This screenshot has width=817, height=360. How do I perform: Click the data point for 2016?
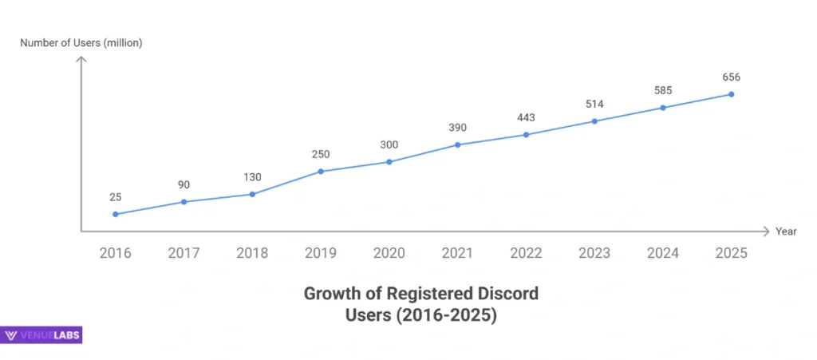[x=116, y=214]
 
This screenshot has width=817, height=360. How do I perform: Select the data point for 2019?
[x=321, y=171]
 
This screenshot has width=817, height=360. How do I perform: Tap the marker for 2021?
[x=458, y=144]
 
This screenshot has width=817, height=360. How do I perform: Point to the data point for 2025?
[x=731, y=94]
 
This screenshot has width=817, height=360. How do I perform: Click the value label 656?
[x=731, y=77]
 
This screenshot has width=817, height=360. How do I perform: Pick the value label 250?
[x=321, y=154]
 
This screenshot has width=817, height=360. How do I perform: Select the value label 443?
[x=526, y=117]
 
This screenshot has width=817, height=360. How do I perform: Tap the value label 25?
[x=116, y=196]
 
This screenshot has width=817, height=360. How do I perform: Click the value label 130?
[x=252, y=177]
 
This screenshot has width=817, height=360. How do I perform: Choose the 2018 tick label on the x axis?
[x=252, y=253]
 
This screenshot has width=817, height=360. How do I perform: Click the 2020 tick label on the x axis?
[x=389, y=253]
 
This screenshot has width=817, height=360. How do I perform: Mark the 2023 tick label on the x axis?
[x=594, y=253]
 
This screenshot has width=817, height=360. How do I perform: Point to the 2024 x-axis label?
[x=662, y=253]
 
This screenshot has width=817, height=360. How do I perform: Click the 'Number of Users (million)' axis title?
[x=81, y=43]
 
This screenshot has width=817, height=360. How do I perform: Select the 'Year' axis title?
[x=786, y=231]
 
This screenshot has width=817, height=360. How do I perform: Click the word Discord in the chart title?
[x=509, y=294]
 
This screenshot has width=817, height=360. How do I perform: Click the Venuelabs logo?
[x=42, y=336]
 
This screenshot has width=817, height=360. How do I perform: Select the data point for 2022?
[x=526, y=134]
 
